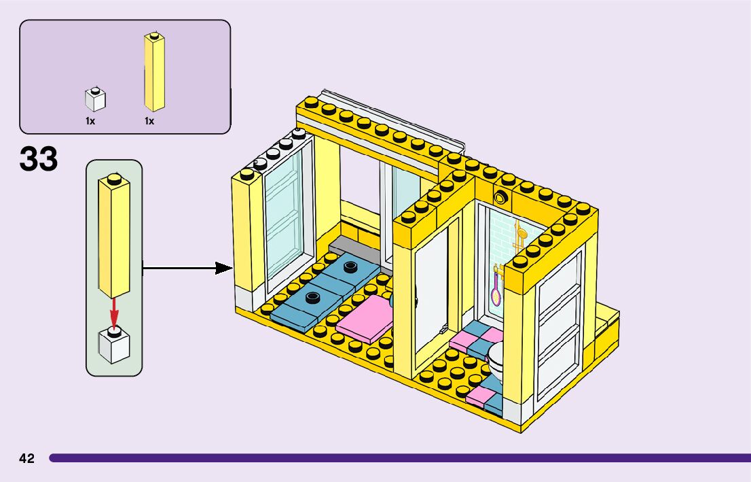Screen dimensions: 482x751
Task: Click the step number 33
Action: point(39,160)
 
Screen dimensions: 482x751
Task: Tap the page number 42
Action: point(26,458)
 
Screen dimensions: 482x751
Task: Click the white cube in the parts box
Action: point(95,100)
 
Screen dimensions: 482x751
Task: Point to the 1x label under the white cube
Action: point(90,121)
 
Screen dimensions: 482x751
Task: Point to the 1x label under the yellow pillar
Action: point(149,121)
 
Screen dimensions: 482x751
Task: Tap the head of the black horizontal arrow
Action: point(224,268)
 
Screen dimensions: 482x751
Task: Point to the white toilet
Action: point(498,360)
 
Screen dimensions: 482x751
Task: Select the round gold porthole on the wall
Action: point(502,198)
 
